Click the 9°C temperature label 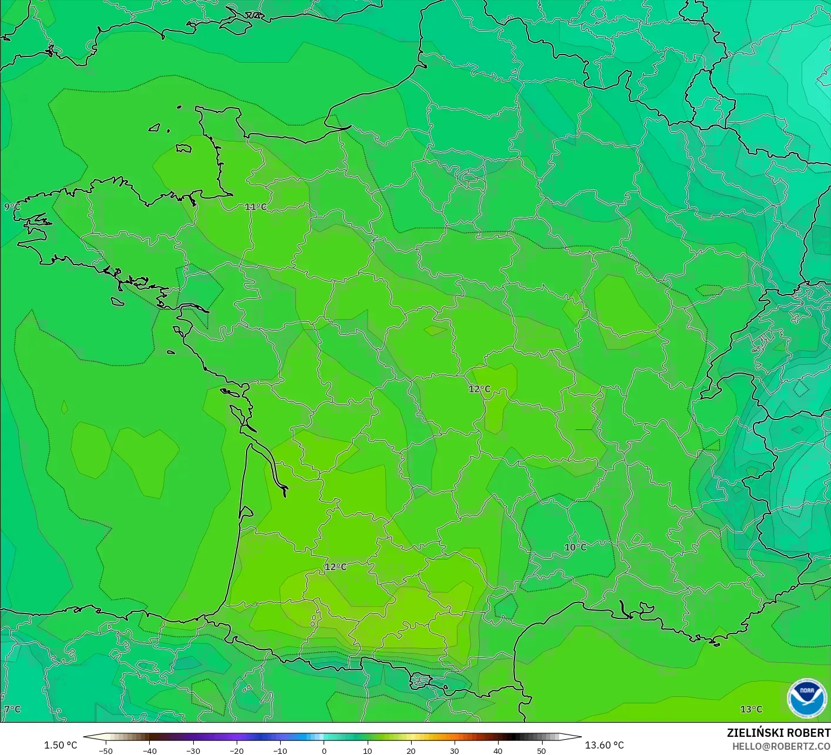(x=12, y=206)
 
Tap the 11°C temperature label (x=255, y=206)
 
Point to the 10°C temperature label (x=575, y=547)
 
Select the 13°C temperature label (x=751, y=709)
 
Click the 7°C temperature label (x=12, y=709)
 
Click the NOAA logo (x=806, y=698)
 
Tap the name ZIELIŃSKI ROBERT (x=778, y=733)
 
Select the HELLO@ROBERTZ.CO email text (x=781, y=746)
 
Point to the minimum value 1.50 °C (x=60, y=745)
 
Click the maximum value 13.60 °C (x=604, y=745)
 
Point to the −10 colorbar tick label (x=280, y=750)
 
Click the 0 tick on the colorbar (x=324, y=750)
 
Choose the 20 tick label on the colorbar (x=411, y=750)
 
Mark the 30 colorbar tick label (x=454, y=750)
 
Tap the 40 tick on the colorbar (x=497, y=750)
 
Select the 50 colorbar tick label (x=541, y=750)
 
